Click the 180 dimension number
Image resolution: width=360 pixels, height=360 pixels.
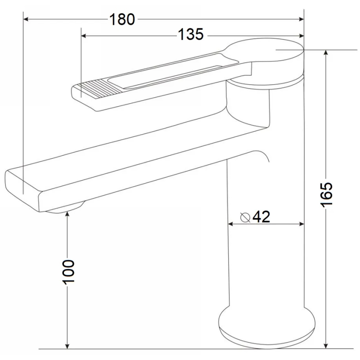pyautogui.click(x=122, y=19)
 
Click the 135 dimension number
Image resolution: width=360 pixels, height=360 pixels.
pyautogui.click(x=191, y=35)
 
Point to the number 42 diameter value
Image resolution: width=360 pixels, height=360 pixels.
pyautogui.click(x=261, y=216)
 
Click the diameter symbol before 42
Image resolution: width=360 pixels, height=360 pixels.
pyautogui.click(x=245, y=217)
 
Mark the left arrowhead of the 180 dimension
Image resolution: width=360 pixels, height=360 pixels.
pyautogui.click(x=26, y=19)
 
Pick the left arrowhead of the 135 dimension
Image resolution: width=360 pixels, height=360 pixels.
pyautogui.click(x=84, y=36)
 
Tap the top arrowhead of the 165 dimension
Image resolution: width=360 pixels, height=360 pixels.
pyautogui.click(x=325, y=52)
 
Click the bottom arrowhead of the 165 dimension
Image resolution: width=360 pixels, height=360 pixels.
pyautogui.click(x=325, y=346)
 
